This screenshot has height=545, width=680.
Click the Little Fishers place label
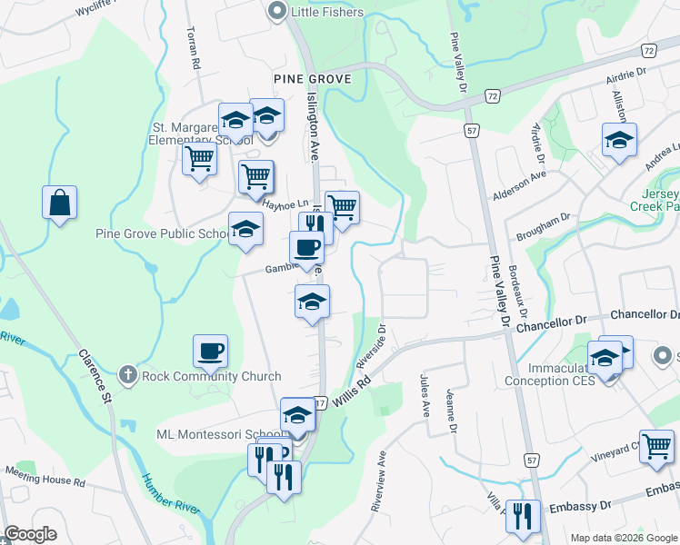click(x=326, y=12)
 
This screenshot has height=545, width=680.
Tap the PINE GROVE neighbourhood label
click(x=313, y=80)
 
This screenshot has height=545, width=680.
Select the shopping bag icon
click(x=59, y=203)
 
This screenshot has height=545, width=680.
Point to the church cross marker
click(x=128, y=375)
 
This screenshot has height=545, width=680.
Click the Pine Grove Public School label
click(x=161, y=233)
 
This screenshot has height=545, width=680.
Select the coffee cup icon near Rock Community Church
click(x=210, y=352)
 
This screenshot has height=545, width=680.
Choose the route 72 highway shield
click(x=492, y=94)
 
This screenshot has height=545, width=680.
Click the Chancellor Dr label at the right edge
click(x=645, y=314)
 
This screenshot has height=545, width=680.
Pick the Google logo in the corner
click(x=31, y=534)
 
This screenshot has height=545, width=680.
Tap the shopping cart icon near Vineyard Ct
click(x=657, y=446)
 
